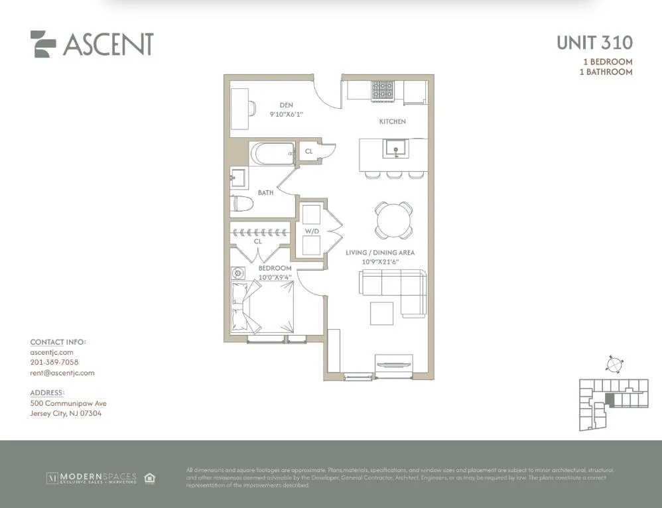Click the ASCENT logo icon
point(43,44)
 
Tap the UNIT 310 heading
point(594,43)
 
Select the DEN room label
point(286,105)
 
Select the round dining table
point(393,220)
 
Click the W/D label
point(311,231)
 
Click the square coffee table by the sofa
point(381,314)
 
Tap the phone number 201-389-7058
point(54,363)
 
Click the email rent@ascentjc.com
point(62,373)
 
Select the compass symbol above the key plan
point(615,364)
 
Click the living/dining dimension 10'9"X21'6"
point(379,262)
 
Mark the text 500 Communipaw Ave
point(68,403)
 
